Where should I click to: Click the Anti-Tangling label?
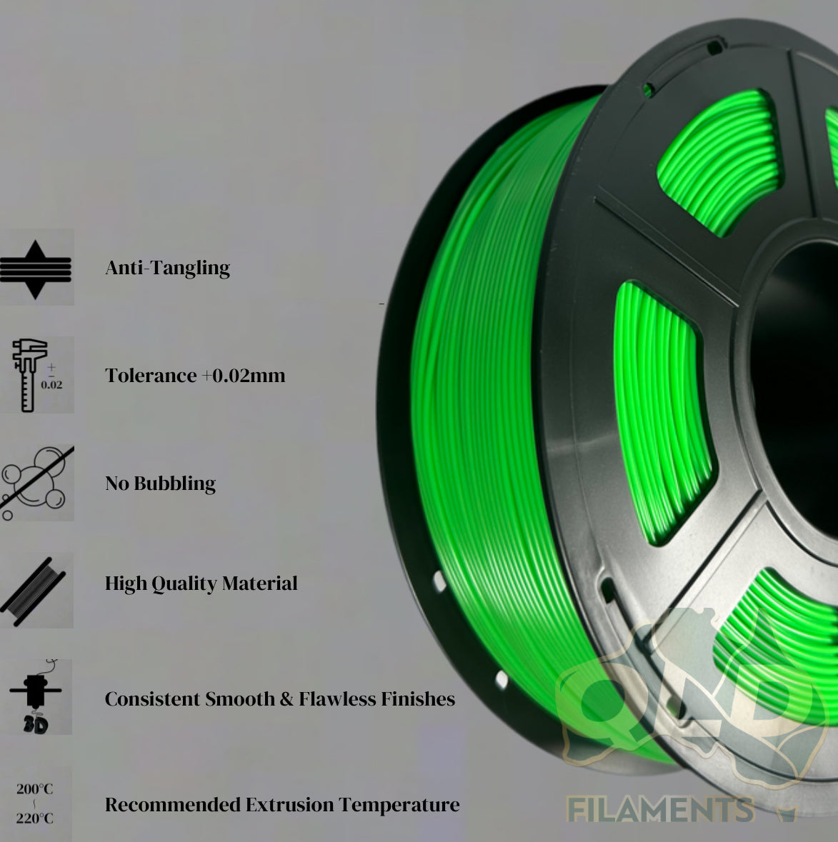[x=167, y=268]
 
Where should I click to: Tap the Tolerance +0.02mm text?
[x=195, y=376]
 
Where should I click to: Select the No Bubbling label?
[x=160, y=483]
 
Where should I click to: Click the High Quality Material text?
[x=201, y=583]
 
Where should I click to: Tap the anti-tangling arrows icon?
[x=36, y=269]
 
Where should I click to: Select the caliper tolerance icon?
[x=36, y=375]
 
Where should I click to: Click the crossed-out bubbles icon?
[x=36, y=483]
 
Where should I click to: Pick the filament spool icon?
[x=36, y=590]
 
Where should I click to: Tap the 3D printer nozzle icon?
[x=36, y=697]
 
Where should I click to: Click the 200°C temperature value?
[x=35, y=789]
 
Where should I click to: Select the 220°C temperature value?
[x=35, y=818]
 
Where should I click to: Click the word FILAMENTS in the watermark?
[x=660, y=810]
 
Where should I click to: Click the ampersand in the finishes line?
[x=286, y=698]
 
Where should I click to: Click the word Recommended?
[x=173, y=805]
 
